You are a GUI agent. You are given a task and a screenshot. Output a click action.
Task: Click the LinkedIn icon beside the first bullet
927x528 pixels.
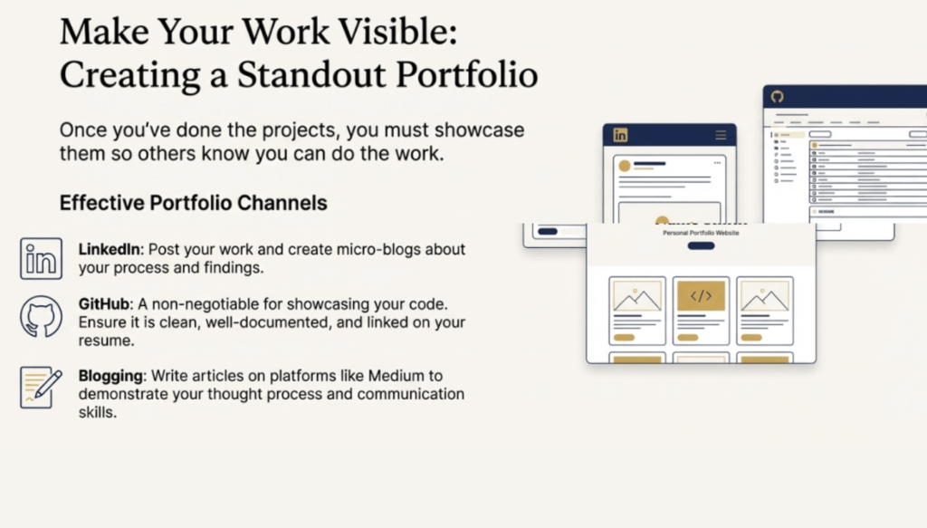41,258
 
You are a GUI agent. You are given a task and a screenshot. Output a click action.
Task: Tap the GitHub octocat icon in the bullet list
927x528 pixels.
41,317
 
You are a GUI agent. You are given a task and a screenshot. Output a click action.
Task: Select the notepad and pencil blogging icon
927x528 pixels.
41,388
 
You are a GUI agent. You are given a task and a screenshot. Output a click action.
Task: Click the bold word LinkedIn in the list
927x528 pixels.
110,250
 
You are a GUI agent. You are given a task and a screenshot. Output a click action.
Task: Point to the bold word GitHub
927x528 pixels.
104,304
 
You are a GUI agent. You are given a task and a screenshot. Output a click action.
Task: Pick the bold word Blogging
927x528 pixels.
110,376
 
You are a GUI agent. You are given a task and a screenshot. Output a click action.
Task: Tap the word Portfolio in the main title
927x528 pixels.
467,75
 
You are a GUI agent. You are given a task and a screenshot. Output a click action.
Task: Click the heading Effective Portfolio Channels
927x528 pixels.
194,203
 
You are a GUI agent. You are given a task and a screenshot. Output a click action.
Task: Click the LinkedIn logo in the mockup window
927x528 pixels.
620,136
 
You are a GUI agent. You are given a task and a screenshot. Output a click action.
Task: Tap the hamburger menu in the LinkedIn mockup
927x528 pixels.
721,136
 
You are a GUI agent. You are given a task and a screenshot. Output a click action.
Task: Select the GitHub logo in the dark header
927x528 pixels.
777,96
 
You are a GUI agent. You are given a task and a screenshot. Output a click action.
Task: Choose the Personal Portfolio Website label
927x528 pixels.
702,233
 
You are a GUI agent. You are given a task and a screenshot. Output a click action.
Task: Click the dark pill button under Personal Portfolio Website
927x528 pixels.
702,246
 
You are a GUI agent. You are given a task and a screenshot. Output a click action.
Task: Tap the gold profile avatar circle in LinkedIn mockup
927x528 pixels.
625,166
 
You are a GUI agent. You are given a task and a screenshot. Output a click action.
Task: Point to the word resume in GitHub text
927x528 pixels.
98,341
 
